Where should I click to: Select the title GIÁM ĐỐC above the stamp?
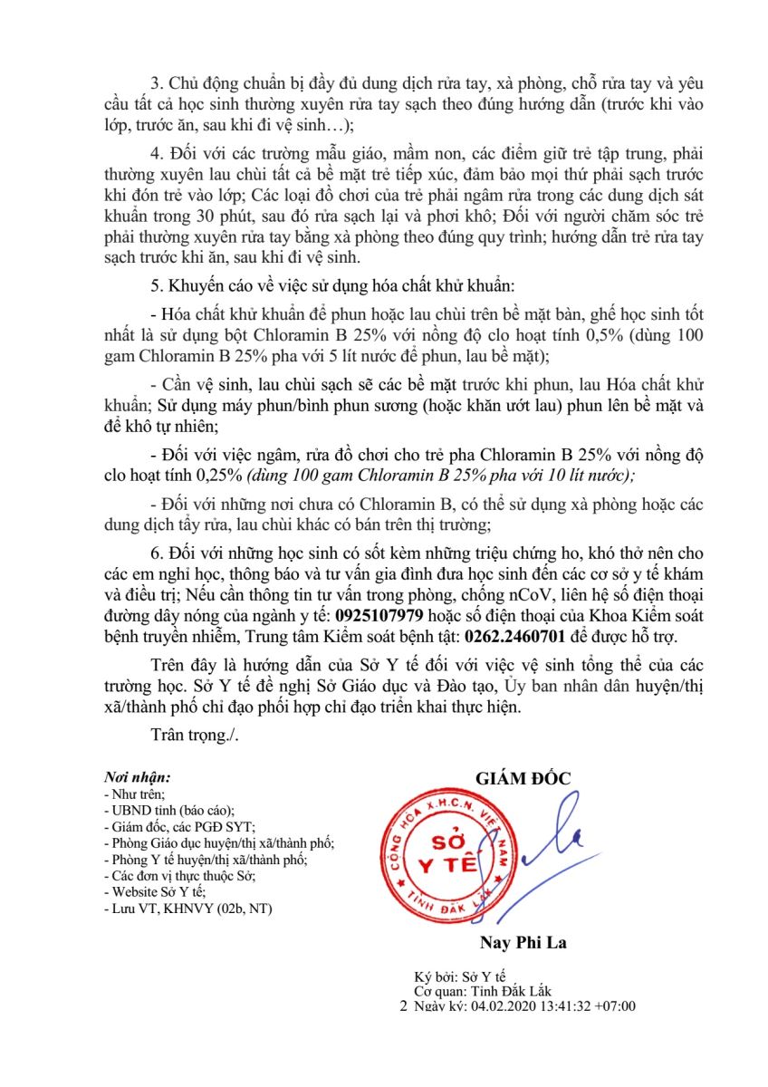[523, 779]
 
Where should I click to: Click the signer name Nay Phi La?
[521, 942]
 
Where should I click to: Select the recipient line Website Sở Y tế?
[149, 892]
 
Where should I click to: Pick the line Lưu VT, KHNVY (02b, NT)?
[188, 908]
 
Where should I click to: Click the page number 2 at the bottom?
[404, 1006]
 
